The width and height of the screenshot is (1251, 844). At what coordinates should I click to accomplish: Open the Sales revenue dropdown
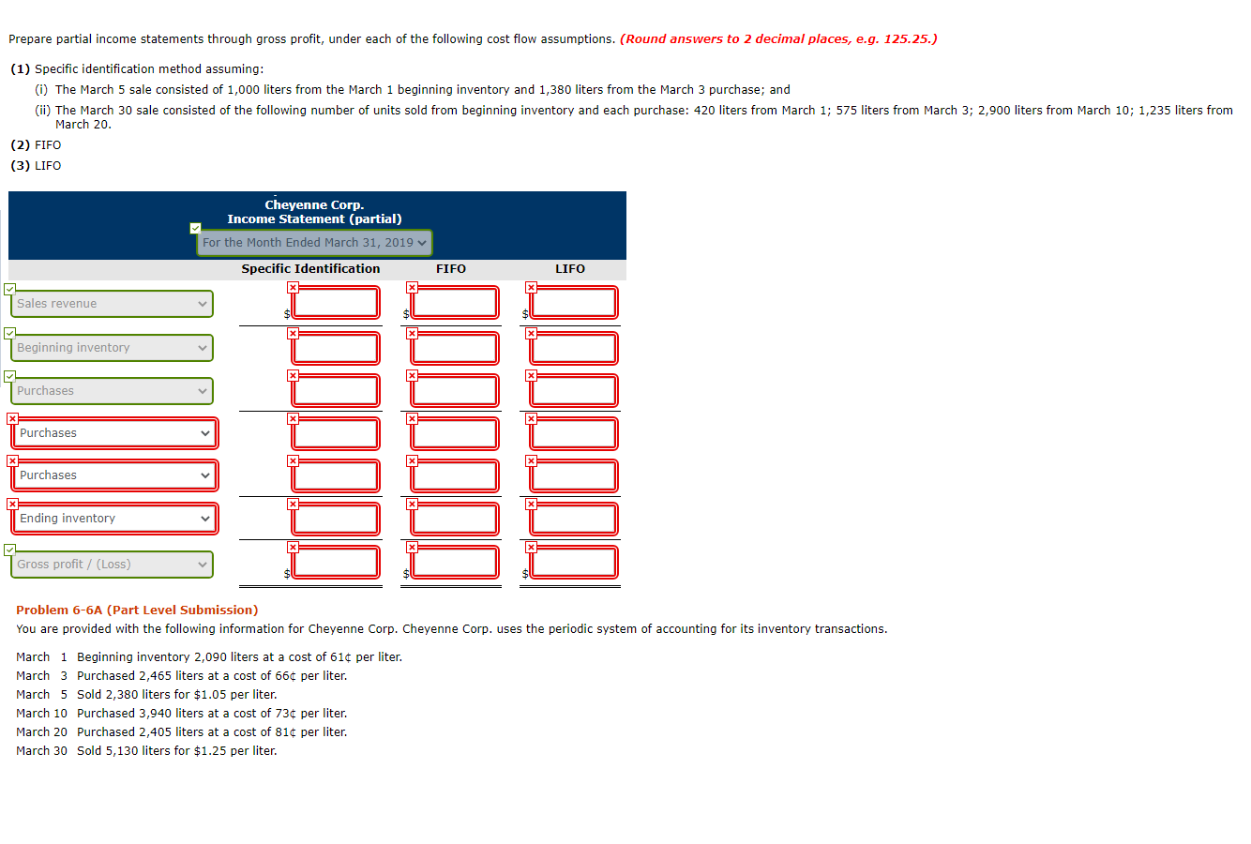[112, 304]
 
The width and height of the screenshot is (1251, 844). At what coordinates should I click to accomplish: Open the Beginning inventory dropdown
[112, 348]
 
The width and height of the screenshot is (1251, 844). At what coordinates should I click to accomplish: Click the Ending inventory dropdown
[113, 519]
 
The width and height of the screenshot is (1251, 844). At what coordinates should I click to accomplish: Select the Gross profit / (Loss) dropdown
[112, 565]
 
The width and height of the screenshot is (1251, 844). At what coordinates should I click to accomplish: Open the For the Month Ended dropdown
[314, 243]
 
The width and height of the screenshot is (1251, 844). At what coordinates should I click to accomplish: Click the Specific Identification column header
[310, 269]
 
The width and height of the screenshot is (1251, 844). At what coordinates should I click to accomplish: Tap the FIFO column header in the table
[451, 269]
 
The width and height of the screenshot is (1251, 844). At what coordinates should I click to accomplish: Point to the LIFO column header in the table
[570, 269]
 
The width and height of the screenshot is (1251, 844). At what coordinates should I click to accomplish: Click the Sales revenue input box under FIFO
[455, 303]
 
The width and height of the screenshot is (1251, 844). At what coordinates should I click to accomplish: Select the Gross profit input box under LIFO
[574, 563]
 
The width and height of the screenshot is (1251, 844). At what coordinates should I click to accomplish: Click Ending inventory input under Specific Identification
[336, 519]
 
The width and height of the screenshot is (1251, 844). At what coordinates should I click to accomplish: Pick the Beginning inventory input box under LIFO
[574, 348]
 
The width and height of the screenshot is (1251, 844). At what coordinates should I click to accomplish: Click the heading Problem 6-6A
[137, 610]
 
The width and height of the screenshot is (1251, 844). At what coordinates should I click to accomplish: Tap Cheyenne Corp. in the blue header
[314, 205]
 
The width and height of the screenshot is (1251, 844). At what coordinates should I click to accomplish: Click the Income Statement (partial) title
[314, 219]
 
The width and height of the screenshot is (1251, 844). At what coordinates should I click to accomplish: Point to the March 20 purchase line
[182, 732]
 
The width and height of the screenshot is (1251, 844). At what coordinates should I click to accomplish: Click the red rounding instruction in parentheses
[778, 39]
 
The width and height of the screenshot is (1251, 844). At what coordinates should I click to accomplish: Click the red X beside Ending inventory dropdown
[12, 504]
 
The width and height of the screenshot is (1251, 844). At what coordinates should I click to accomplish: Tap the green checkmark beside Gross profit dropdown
[9, 550]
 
